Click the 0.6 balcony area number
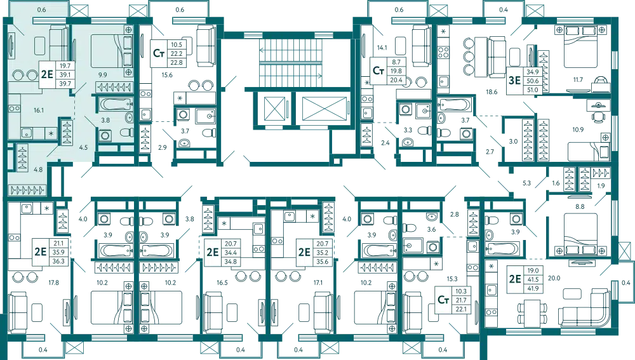coord(42,10)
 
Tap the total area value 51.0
coord(531,90)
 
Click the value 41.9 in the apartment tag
coord(531,288)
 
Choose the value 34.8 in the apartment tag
coord(230,261)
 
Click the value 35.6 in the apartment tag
coord(322,261)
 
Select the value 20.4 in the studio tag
coord(396,80)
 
